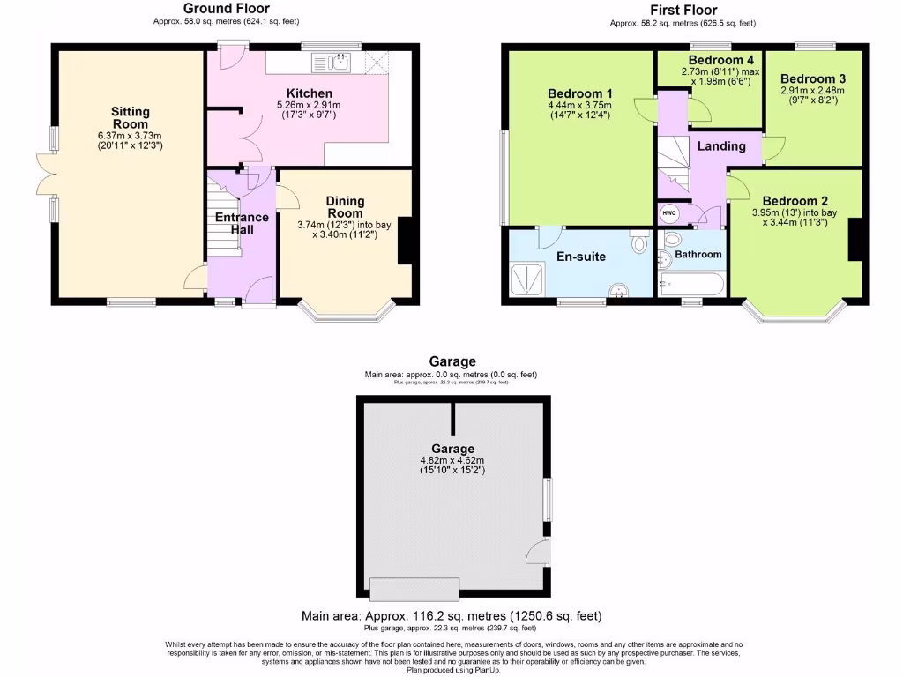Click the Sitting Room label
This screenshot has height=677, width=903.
click(131, 118)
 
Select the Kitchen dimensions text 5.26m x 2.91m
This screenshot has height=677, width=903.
click(309, 106)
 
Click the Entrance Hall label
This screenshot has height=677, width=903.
click(243, 224)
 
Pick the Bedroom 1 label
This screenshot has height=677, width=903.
click(579, 94)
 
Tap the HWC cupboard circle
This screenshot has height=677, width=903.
click(668, 213)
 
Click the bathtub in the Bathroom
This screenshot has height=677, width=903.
click(691, 285)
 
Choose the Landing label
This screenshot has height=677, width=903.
click(721, 146)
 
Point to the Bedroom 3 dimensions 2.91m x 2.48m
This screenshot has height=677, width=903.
click(812, 90)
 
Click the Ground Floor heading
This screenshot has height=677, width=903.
click(226, 9)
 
